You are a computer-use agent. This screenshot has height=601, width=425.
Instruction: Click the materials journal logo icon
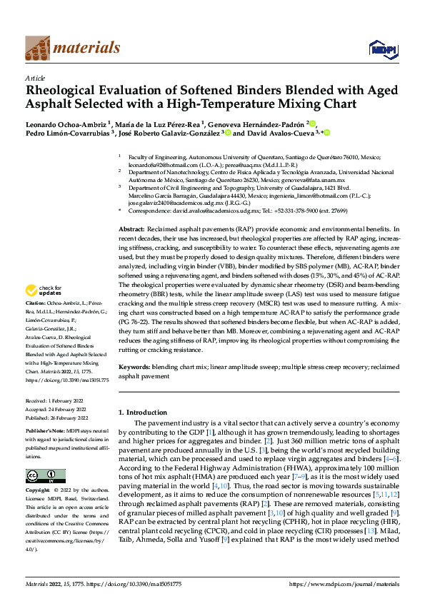38,48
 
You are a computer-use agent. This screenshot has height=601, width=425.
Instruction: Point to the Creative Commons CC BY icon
45,476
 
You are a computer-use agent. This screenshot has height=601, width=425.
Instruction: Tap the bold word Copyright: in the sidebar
38,491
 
